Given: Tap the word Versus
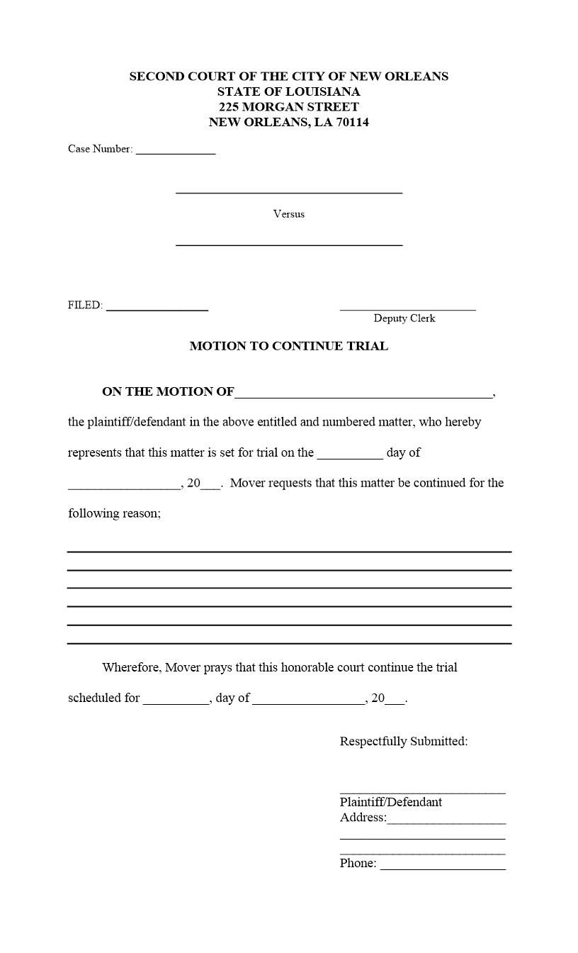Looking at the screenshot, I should [289, 214].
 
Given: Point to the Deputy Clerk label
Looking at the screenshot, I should [404, 318].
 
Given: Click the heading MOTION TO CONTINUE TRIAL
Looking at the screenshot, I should [289, 346].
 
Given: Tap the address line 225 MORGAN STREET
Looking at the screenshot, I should [289, 106].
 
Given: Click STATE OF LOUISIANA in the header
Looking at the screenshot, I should [289, 91].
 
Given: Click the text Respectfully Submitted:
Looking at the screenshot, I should [404, 741].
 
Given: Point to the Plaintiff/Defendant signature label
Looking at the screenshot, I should [391, 802].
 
